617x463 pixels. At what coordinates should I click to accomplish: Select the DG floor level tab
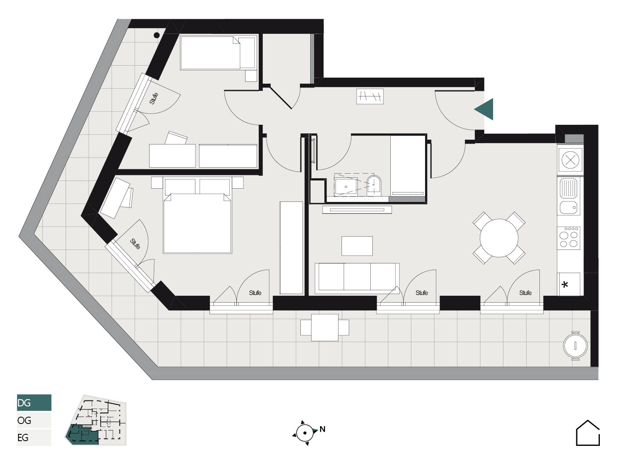tap(34, 403)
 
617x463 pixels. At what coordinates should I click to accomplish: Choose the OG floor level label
tap(24, 420)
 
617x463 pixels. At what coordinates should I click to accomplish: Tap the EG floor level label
tap(23, 437)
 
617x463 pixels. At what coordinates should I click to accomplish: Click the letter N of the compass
tap(322, 429)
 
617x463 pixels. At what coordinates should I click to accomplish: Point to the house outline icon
tap(588, 433)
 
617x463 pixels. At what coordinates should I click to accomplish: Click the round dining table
tap(499, 238)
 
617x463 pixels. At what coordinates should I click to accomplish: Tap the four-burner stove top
tap(569, 238)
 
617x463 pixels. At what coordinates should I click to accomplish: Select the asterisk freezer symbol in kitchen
tap(565, 285)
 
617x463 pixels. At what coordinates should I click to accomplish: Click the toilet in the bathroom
tap(374, 186)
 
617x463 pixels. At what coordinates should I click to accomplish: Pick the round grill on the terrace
tap(575, 346)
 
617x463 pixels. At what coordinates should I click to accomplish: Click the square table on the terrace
tap(325, 328)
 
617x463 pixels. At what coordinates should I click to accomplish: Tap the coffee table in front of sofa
tap(357, 246)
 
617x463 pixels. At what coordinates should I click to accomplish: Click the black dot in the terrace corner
tap(156, 36)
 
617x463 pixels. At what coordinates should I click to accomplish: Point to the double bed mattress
tap(198, 223)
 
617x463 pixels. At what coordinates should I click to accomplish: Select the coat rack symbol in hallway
tap(370, 96)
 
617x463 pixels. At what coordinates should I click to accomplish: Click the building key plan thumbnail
tap(96, 420)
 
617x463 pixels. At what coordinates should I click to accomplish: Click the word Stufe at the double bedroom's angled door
tap(135, 244)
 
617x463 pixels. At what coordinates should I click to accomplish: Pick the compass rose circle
tap(305, 433)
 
